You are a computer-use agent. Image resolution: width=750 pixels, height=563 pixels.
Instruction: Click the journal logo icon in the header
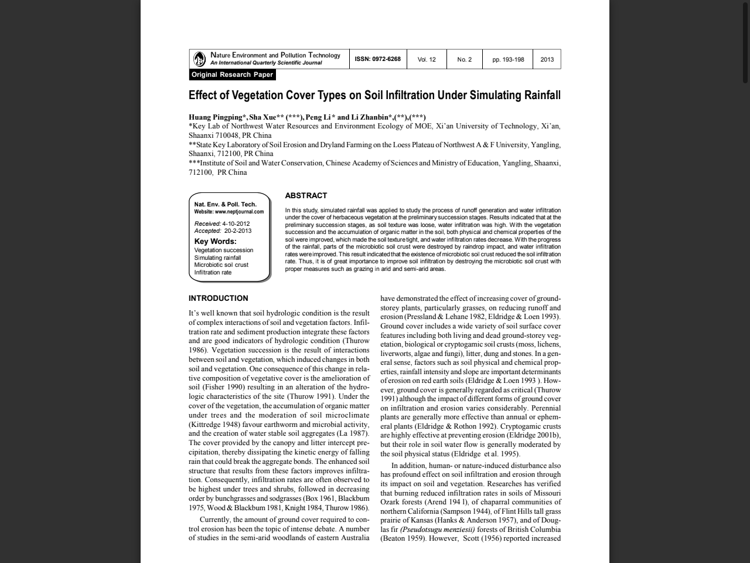tap(200, 59)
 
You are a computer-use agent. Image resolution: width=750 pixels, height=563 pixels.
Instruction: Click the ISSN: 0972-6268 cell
tap(378, 59)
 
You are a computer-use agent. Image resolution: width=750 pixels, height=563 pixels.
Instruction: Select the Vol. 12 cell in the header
tap(427, 59)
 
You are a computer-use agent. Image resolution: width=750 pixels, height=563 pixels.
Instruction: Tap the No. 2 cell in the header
tap(464, 59)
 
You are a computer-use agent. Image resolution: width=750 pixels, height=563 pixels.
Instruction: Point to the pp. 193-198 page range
tap(508, 59)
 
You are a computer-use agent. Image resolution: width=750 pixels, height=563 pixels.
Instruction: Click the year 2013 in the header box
tap(547, 59)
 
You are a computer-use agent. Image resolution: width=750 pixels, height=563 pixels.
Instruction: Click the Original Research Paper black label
tap(232, 74)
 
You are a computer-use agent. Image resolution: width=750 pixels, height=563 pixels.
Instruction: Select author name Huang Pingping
tap(215, 117)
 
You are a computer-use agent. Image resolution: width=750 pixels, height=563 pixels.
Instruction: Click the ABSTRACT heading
tap(306, 195)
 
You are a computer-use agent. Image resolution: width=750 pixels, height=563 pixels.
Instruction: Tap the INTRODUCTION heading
tap(218, 298)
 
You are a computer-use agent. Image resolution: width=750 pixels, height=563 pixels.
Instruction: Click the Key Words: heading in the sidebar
tap(215, 241)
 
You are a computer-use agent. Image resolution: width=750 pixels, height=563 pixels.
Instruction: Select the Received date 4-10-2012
tap(236, 223)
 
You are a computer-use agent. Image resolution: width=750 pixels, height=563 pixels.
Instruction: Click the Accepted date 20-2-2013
tap(238, 230)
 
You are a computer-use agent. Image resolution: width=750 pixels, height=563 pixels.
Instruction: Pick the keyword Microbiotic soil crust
tap(221, 265)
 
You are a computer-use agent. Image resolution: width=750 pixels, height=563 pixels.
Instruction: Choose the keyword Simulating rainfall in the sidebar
tap(217, 257)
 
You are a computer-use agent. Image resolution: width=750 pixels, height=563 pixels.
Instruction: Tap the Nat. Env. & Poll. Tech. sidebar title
tap(225, 204)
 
